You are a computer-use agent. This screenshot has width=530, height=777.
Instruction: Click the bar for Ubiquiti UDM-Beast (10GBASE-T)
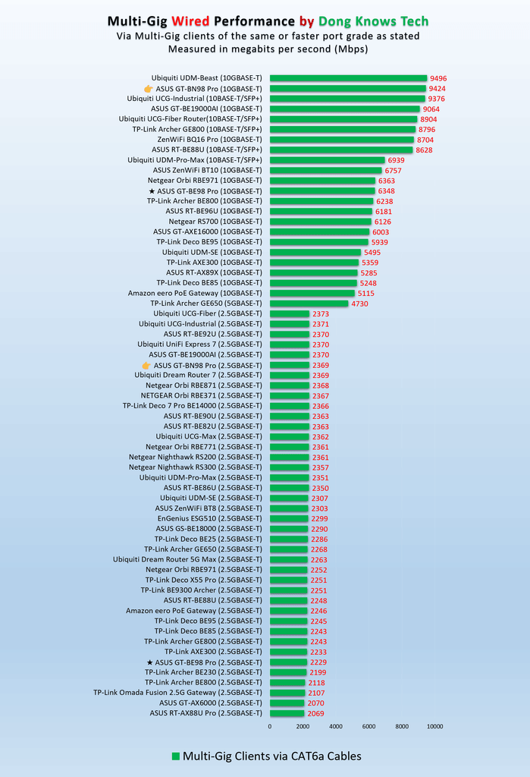pyautogui.click(x=348, y=78)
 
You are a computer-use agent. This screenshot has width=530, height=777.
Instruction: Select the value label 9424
pyautogui.click(x=437, y=89)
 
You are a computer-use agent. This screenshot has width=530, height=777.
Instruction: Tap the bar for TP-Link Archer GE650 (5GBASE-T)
pyautogui.click(x=309, y=304)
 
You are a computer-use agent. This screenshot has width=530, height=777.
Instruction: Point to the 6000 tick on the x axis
pyautogui.click(x=368, y=726)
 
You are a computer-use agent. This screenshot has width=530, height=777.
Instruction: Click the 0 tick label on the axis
pyautogui.click(x=270, y=726)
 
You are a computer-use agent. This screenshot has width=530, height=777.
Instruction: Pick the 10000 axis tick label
pyautogui.click(x=435, y=726)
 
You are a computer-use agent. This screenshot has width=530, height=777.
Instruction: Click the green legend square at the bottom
pyautogui.click(x=175, y=757)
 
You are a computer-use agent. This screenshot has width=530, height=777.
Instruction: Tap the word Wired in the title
pyautogui.click(x=190, y=21)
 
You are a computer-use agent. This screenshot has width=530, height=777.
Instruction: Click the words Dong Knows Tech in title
pyautogui.click(x=374, y=21)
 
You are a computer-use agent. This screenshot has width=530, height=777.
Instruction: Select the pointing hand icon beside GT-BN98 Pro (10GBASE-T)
pyautogui.click(x=148, y=89)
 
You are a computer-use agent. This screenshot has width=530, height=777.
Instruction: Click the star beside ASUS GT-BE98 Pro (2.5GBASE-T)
pyautogui.click(x=149, y=662)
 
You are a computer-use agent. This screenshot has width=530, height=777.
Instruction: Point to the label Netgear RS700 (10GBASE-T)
pyautogui.click(x=215, y=222)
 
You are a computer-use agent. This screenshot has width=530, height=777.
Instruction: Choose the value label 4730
pyautogui.click(x=359, y=304)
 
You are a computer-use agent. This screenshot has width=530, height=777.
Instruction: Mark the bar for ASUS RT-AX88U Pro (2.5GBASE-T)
pyautogui.click(x=287, y=713)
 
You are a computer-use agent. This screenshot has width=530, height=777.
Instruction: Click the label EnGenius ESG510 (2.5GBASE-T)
pyautogui.click(x=210, y=518)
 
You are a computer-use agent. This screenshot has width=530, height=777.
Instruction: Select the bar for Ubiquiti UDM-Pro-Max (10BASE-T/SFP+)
pyautogui.click(x=328, y=160)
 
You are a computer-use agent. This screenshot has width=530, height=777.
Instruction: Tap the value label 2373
pyautogui.click(x=321, y=313)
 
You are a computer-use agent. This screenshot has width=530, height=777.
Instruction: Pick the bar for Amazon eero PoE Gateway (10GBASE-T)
pyautogui.click(x=312, y=293)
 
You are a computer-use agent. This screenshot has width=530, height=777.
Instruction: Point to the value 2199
pyautogui.click(x=318, y=672)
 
